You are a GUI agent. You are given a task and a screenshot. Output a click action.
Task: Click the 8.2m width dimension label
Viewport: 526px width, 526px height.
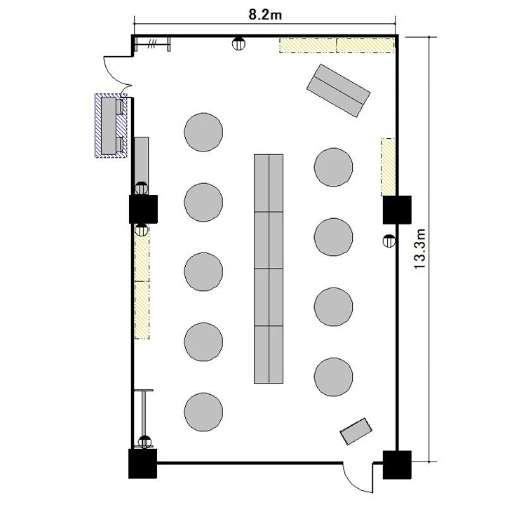(265, 15)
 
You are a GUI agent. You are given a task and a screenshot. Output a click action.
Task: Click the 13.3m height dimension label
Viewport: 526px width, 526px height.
(419, 249)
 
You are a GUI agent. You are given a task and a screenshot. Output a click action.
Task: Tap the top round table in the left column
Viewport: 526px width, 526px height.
(203, 132)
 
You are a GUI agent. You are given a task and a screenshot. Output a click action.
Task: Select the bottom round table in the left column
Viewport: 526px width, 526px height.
(203, 412)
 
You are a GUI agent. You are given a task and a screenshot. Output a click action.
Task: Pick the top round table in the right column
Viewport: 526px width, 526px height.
(333, 167)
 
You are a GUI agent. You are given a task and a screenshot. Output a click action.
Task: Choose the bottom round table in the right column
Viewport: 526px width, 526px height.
(333, 377)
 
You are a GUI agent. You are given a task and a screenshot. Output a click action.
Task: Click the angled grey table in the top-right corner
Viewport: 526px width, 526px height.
(338, 90)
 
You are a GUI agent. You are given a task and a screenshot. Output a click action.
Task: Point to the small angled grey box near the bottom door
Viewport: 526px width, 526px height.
(356, 431)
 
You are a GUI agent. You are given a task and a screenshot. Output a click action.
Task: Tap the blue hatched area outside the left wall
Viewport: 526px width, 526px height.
(111, 126)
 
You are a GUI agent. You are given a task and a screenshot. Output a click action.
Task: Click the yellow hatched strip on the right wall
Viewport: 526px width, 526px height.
(388, 167)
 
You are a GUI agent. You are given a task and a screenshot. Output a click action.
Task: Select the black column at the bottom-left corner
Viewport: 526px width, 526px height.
(143, 464)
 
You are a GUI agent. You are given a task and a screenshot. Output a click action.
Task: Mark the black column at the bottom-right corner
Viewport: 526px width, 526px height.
(397, 465)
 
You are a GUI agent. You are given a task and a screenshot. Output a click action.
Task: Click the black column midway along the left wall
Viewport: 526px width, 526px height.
(143, 209)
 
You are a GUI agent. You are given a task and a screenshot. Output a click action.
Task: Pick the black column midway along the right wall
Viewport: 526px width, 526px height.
(397, 210)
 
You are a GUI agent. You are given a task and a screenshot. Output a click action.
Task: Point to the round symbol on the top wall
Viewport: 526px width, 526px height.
(238, 43)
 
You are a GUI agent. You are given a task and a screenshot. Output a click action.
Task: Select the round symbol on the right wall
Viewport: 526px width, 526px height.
(389, 241)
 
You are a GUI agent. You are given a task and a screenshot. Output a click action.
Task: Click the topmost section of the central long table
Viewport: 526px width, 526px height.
(269, 183)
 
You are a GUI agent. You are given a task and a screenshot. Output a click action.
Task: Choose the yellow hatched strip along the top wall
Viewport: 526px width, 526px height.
(337, 45)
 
